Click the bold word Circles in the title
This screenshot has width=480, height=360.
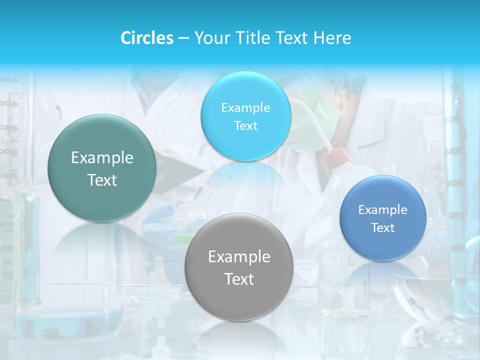click(146, 38)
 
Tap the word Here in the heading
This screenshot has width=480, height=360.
click(332, 38)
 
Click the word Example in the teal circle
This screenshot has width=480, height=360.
click(102, 158)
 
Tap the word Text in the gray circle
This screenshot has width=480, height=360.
click(238, 279)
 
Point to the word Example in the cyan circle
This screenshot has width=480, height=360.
click(245, 107)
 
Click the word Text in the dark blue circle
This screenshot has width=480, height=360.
click(383, 228)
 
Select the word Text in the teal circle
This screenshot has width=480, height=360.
click(102, 180)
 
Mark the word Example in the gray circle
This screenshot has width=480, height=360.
click(238, 257)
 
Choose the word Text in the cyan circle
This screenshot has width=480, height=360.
click(245, 125)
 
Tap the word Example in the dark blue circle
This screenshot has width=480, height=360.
click(383, 210)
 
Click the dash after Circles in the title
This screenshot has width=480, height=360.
click(183, 38)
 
